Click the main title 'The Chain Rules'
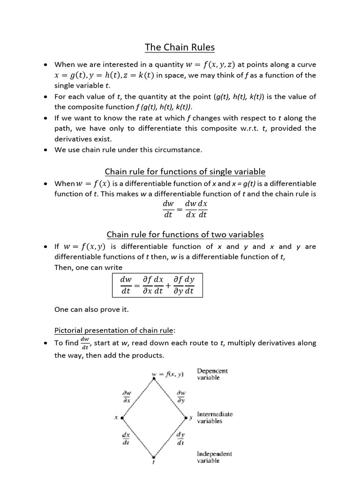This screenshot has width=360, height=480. [x=180, y=47]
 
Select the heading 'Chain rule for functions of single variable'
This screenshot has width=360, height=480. [x=185, y=172]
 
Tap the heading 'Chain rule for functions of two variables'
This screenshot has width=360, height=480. [x=185, y=234]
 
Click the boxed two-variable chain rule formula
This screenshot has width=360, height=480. [x=157, y=285]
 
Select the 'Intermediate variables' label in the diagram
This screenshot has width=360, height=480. [x=215, y=418]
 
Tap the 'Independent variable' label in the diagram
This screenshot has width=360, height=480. [x=214, y=457]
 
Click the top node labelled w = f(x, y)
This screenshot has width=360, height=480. [x=168, y=375]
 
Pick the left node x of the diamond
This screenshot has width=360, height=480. [x=121, y=417]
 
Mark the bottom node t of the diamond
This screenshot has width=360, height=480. [x=154, y=457]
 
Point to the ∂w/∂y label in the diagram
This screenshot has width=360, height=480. [x=180, y=397]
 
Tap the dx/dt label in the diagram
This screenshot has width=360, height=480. [x=127, y=438]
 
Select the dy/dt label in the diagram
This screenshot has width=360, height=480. [x=180, y=438]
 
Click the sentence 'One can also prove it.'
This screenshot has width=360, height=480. [x=91, y=309]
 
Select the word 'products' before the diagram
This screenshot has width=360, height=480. [x=146, y=355]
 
